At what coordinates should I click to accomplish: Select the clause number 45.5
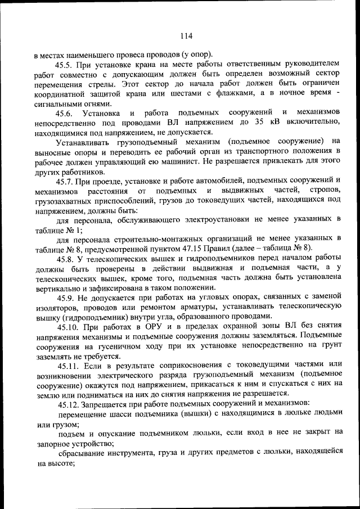coord(65,65)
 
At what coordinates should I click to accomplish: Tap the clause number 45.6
coord(65,112)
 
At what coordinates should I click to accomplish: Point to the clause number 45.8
coord(65,258)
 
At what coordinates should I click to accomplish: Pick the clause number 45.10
coord(67,327)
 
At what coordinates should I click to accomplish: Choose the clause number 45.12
coord(67,404)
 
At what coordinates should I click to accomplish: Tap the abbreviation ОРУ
coord(149,327)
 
